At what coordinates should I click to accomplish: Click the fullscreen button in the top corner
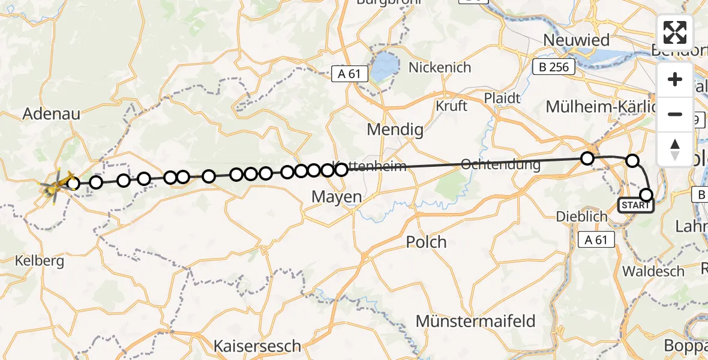pyautogui.click(x=675, y=32)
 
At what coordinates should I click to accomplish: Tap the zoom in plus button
pyautogui.click(x=675, y=80)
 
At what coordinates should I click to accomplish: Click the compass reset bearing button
pyautogui.click(x=675, y=148)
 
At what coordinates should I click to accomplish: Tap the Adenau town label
pyautogui.click(x=51, y=113)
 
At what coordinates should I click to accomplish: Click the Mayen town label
pyautogui.click(x=337, y=196)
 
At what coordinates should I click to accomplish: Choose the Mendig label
pyautogui.click(x=395, y=130)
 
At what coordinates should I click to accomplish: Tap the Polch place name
pyautogui.click(x=426, y=242)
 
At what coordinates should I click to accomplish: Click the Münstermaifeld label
pyautogui.click(x=476, y=321)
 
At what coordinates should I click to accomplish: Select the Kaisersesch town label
pyautogui.click(x=259, y=346)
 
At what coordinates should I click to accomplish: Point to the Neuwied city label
pyautogui.click(x=576, y=40)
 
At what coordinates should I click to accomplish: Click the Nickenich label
pyautogui.click(x=440, y=67)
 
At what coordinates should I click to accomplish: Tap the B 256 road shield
pyautogui.click(x=554, y=67)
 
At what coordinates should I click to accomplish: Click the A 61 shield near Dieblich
pyautogui.click(x=596, y=241)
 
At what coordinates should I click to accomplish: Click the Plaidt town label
pyautogui.click(x=503, y=97)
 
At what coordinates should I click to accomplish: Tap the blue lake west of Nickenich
pyautogui.click(x=383, y=67)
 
